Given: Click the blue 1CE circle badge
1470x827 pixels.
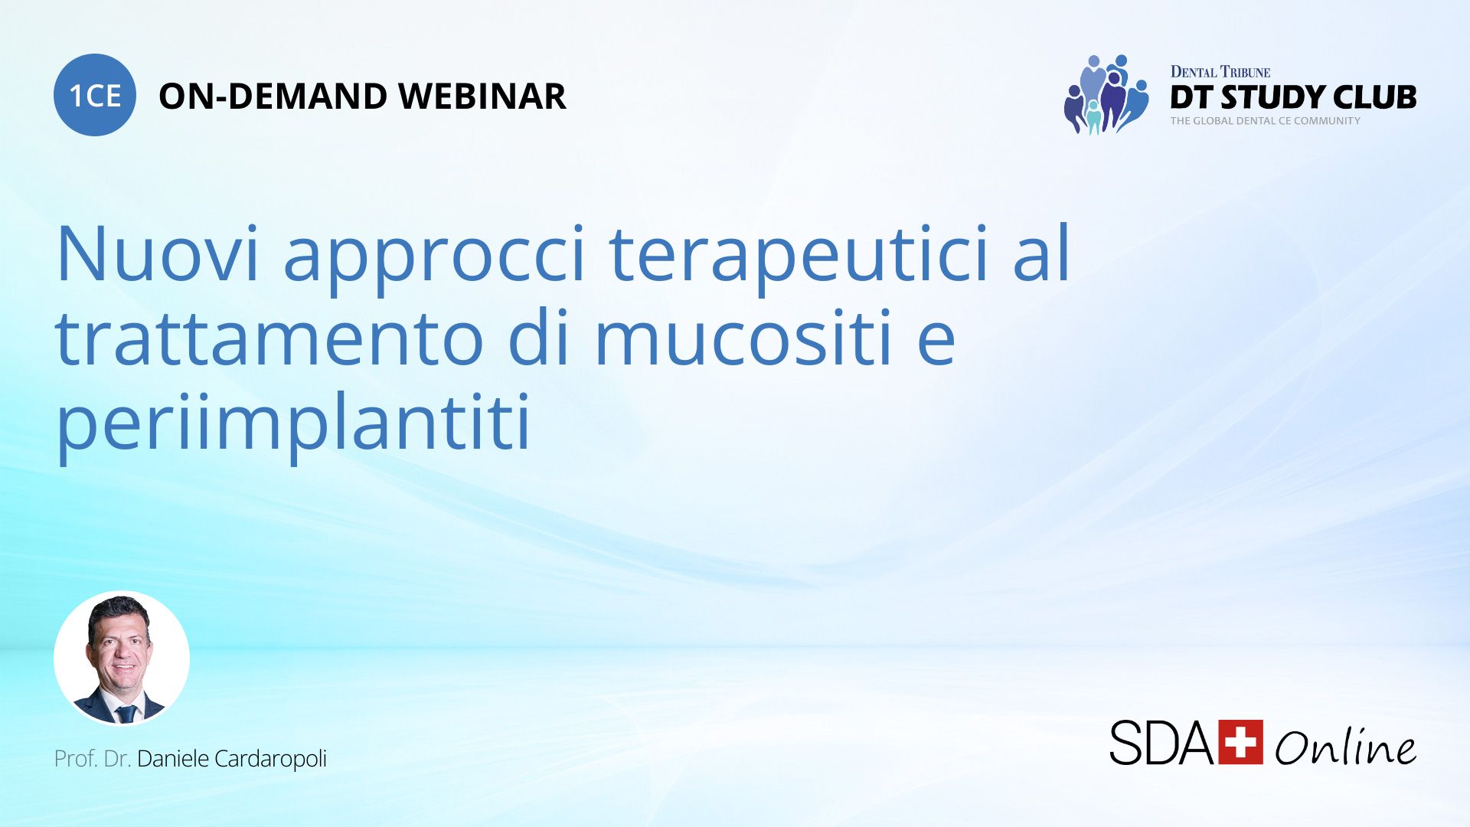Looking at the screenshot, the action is [x=95, y=95].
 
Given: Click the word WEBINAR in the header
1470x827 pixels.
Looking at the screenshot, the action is [x=482, y=96].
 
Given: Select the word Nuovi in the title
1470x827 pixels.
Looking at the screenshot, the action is [x=157, y=253].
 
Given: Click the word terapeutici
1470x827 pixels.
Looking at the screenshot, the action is [x=799, y=258].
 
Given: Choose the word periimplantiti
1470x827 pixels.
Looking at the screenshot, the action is [x=293, y=425].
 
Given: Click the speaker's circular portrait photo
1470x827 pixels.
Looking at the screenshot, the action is [x=122, y=658].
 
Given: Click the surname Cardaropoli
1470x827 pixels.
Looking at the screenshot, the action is [x=270, y=759].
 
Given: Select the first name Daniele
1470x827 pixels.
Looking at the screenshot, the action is [x=172, y=758].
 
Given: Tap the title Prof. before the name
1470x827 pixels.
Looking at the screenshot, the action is [x=76, y=759].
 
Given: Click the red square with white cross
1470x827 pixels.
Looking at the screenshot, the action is [x=1240, y=741].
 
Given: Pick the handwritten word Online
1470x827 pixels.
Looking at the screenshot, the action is [x=1345, y=744].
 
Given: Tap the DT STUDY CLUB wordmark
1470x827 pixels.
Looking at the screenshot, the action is [x=1293, y=97].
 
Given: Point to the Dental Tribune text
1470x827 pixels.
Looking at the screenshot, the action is [x=1220, y=72].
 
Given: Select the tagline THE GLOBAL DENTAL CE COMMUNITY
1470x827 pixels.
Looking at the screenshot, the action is [x=1265, y=121].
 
